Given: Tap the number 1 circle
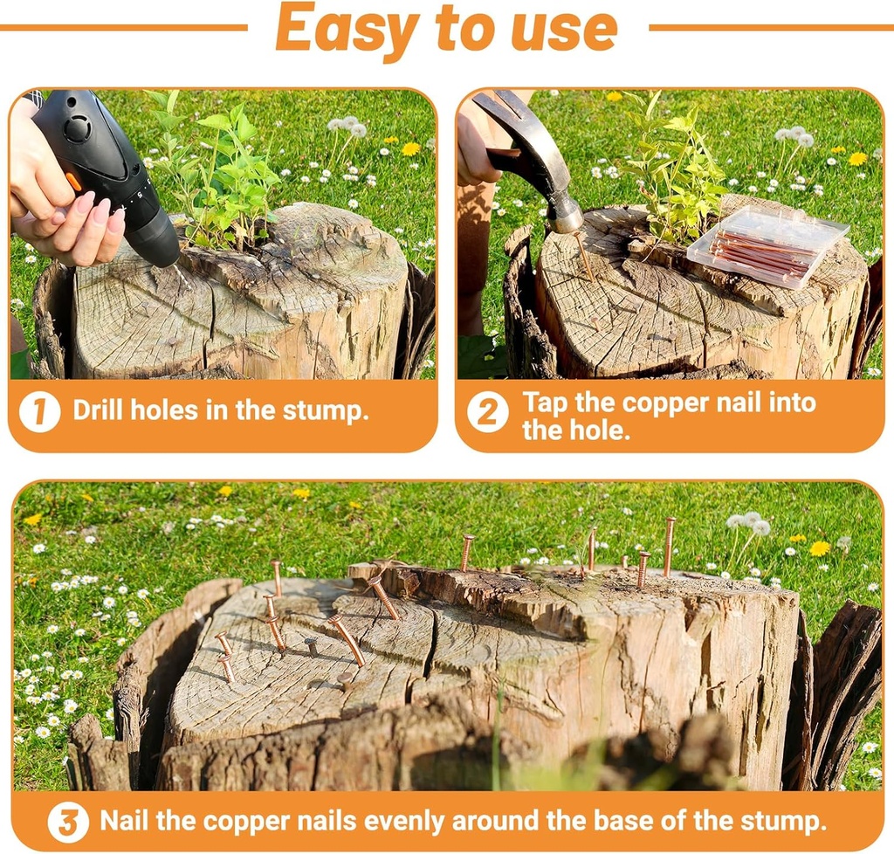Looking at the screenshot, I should [x=40, y=411].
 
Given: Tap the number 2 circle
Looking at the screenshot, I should [x=487, y=412].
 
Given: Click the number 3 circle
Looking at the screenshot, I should [x=68, y=822].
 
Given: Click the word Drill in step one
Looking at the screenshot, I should [x=99, y=410].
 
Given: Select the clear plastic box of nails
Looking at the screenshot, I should [x=766, y=246].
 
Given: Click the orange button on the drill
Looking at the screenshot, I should [x=74, y=182].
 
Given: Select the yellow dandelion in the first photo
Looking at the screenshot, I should [x=410, y=148].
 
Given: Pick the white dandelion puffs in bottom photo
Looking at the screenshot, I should [x=750, y=524].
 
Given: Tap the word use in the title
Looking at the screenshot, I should [x=565, y=28].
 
